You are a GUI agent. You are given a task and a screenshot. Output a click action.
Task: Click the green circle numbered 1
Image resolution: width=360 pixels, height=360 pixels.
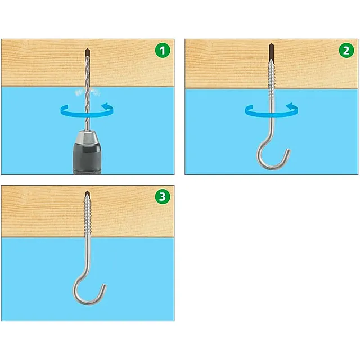(x=163, y=51)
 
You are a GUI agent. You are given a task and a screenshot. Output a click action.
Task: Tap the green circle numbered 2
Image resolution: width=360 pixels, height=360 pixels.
(x=346, y=51)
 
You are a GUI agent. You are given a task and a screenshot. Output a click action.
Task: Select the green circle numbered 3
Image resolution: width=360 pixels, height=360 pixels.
(x=163, y=197)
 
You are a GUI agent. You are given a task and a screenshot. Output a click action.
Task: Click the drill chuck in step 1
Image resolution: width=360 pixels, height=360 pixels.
(x=87, y=152)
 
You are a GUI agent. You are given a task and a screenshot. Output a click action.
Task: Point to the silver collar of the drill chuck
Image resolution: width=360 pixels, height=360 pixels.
(x=87, y=137)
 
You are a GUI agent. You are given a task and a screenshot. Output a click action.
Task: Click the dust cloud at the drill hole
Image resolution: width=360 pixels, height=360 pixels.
(x=88, y=92)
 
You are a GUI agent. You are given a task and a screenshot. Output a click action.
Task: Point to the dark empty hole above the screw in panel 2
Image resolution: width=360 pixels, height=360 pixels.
(x=271, y=51)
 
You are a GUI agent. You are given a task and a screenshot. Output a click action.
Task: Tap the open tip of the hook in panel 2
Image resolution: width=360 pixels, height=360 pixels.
(x=288, y=151)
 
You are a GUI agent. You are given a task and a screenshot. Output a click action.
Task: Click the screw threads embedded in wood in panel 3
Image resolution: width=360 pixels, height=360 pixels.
(x=88, y=216)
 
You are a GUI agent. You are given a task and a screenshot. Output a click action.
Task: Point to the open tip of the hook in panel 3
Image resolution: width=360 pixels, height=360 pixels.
(x=104, y=286)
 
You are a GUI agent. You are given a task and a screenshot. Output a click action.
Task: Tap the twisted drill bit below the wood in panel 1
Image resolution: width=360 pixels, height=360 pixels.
(x=88, y=108)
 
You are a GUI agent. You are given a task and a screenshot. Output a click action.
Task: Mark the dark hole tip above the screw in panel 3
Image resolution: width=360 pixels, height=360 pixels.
(x=87, y=193)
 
